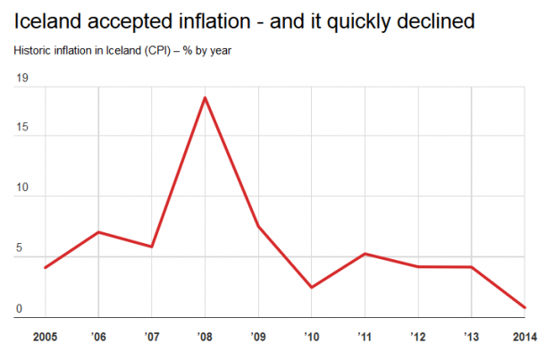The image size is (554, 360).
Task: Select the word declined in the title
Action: pyautogui.click(x=431, y=19)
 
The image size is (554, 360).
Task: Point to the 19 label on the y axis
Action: pyautogui.click(x=21, y=80)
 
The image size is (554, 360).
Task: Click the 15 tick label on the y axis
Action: pyautogui.click(x=21, y=127)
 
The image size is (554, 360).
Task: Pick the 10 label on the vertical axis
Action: pyautogui.click(x=21, y=188)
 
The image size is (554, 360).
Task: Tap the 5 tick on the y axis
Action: pyautogui.click(x=19, y=248)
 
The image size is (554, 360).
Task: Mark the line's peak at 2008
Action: pyautogui.click(x=205, y=97)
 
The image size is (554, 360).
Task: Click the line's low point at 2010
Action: pyautogui.click(x=312, y=288)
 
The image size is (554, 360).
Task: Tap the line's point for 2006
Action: pyautogui.click(x=98, y=232)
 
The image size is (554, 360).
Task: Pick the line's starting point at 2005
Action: pyautogui.click(x=45, y=267)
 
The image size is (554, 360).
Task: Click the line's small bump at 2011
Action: pyautogui.click(x=365, y=254)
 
